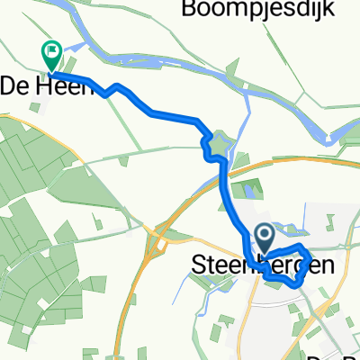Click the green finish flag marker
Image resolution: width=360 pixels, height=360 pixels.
[51, 56]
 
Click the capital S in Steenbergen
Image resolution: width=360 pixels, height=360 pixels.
[198, 265]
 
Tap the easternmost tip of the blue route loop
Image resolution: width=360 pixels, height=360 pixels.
[311, 261]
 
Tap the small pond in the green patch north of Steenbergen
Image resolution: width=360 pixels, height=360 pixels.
[249, 191]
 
